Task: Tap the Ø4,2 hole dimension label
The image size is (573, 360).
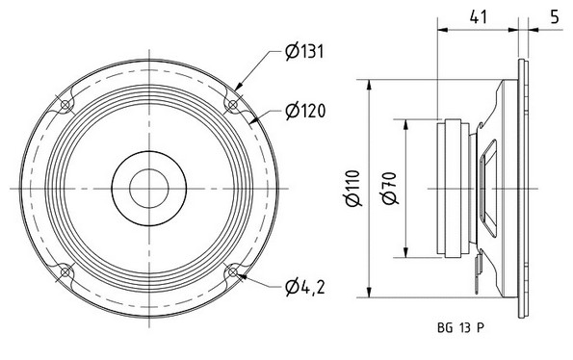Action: coord(303,286)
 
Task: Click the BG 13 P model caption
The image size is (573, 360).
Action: coord(459,327)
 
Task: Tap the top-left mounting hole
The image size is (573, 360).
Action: coord(65,103)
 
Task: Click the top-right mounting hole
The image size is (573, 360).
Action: coord(232,103)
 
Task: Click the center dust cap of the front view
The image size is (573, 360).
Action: coord(148,186)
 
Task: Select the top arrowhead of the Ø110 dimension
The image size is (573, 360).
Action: coord(370,80)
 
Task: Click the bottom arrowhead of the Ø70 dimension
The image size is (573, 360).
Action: coord(405,257)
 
